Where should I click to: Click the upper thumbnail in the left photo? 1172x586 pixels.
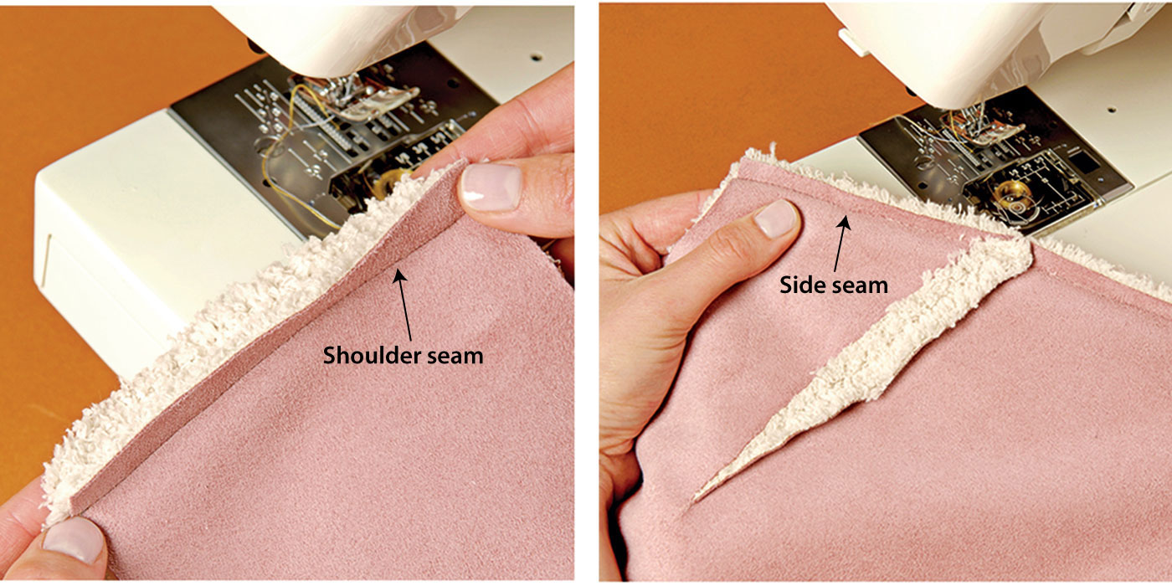pos(491,186)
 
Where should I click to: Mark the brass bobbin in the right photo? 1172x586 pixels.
pos(1007,194)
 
